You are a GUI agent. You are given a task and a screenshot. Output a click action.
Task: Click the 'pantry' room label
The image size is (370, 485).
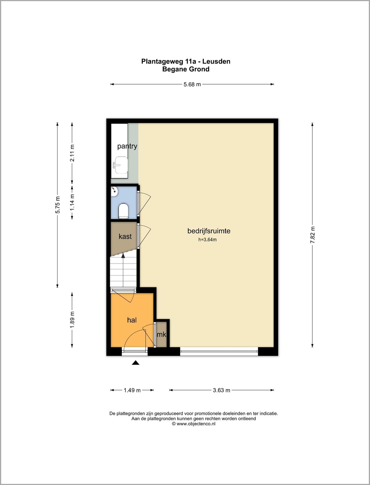127,146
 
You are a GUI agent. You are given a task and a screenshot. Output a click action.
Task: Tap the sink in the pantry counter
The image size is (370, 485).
120,165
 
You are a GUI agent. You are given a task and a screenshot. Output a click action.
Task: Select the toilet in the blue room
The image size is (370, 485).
123,211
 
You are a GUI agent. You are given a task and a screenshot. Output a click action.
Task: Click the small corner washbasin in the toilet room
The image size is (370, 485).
114,191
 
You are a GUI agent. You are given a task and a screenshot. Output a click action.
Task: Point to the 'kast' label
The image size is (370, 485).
125,236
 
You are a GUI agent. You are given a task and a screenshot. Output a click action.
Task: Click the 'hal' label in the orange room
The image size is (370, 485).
132,320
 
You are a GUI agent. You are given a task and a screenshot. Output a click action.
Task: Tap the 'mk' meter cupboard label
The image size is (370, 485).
161,334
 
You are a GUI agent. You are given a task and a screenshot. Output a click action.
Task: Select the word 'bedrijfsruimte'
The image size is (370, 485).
209,231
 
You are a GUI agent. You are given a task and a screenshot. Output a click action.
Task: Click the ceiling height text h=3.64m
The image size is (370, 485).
207,239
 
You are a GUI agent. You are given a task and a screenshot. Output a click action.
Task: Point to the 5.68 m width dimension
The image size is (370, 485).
192,84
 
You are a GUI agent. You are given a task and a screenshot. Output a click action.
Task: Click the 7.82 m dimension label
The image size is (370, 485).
312,235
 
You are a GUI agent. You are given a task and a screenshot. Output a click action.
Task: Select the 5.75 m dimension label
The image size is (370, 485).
58,205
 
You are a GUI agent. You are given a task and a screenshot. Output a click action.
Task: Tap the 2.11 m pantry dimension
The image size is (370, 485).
72,153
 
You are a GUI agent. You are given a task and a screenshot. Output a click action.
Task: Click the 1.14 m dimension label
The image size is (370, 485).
72,202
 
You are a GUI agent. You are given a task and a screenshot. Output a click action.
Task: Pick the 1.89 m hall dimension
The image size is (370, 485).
72,320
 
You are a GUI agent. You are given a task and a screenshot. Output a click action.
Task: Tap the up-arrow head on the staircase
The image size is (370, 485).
123,255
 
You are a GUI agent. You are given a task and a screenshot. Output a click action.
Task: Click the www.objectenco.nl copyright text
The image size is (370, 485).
194,424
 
